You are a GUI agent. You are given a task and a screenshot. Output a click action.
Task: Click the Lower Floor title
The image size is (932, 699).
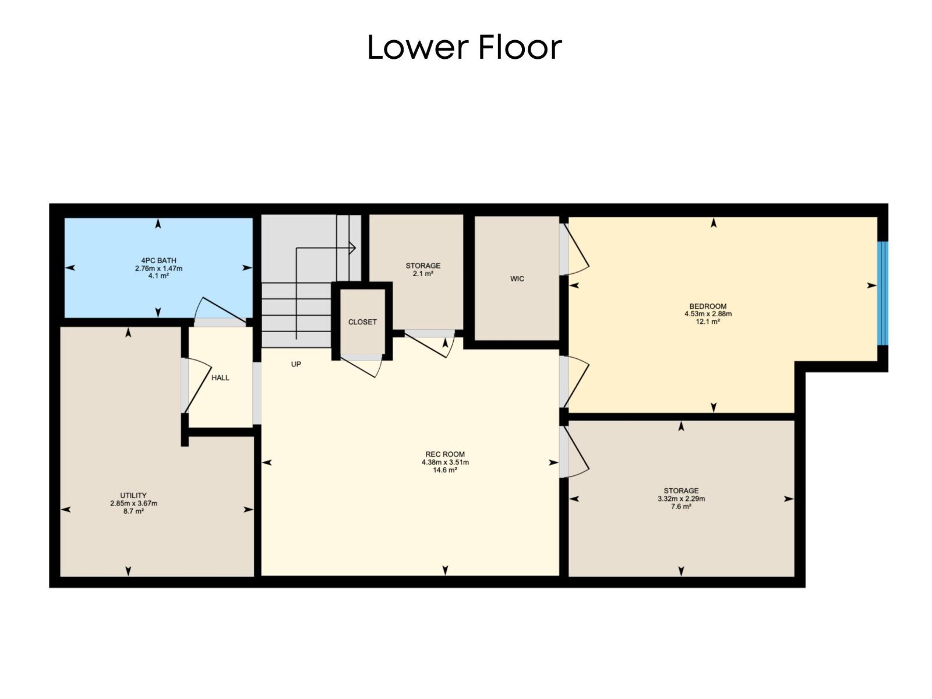coord(464,47)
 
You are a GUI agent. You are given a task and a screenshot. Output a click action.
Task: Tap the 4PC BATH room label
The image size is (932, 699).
coord(158,260)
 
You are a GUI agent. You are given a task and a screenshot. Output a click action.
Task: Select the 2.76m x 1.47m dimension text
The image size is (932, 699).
coord(158,269)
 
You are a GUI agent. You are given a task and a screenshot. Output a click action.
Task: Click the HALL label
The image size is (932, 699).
coord(220,377)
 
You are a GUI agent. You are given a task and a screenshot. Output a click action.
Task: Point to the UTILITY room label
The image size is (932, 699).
coord(133,496)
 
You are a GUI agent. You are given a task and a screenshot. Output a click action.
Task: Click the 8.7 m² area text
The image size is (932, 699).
coord(133,511)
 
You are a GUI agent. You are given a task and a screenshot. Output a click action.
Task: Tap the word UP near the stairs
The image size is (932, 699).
coord(296,364)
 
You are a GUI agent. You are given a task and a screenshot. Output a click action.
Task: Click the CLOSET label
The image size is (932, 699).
coord(362,322)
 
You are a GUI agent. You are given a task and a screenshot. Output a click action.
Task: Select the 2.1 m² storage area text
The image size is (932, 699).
coord(423,274)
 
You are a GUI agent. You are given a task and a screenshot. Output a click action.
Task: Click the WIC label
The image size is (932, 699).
coord(517,279)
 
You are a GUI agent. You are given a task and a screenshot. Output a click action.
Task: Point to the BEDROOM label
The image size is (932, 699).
coord(708,306)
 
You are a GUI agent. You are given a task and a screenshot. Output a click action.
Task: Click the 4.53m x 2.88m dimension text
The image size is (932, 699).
coord(708,314)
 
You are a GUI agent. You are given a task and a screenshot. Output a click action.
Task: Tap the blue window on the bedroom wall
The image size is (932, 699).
coord(883,293)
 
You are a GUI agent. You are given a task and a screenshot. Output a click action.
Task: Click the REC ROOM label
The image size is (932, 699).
coord(445,454)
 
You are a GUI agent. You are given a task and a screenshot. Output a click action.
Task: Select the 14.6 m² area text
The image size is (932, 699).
coord(445,470)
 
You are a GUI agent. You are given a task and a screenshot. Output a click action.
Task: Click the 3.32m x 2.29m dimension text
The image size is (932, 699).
coord(681,499)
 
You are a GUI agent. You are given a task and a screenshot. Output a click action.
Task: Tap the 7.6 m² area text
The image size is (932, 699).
coord(681,507)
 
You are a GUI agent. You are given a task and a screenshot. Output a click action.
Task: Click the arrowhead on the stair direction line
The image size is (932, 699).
coord(352,248)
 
